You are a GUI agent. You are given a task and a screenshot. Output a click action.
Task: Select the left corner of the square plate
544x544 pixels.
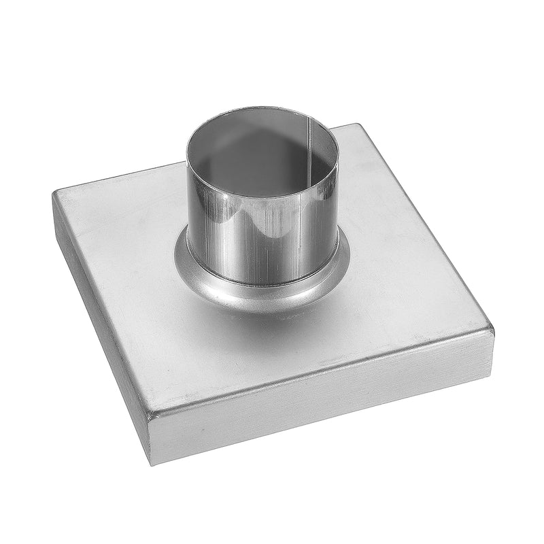54,194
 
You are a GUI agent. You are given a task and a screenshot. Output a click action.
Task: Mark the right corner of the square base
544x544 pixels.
492,330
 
